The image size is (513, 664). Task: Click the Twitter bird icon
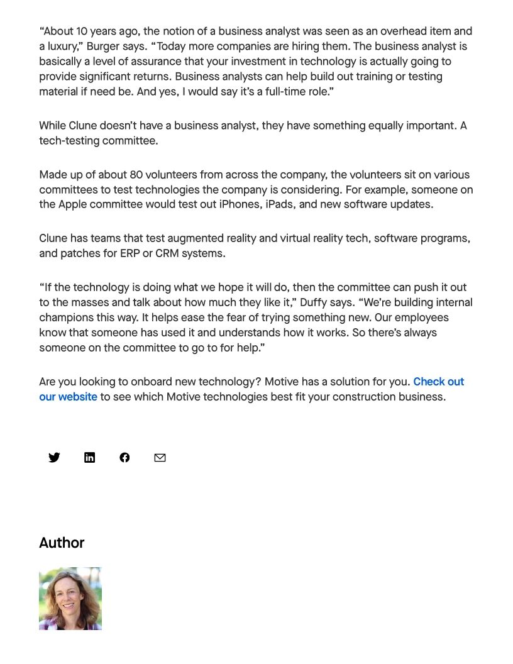54,458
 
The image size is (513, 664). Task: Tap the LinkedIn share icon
89,458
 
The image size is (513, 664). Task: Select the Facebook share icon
124,458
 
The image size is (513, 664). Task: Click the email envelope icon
160,458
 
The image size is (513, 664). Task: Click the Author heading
62,543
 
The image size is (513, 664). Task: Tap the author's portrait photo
70,599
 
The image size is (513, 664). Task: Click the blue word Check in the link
429,382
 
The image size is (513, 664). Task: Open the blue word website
77,397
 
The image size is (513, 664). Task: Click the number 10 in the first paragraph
82,31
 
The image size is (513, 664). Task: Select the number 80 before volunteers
136,175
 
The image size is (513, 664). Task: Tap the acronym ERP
130,253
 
